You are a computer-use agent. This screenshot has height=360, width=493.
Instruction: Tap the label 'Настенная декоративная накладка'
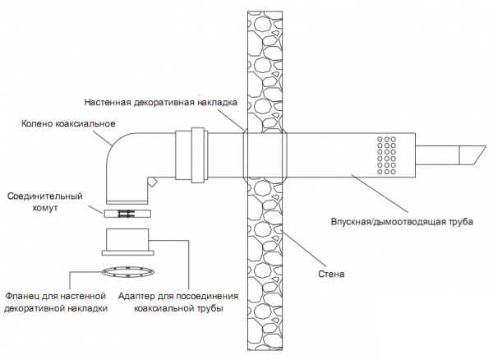(162, 102)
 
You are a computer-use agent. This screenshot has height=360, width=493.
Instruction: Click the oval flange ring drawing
(128, 270)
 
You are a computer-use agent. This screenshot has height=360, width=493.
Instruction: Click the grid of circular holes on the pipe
(387, 154)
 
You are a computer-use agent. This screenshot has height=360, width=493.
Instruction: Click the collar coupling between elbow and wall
(197, 152)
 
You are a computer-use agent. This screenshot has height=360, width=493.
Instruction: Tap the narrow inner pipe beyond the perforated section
(435, 155)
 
